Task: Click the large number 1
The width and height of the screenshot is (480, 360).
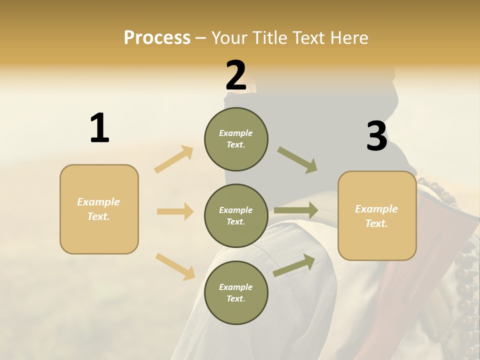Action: coord(99,128)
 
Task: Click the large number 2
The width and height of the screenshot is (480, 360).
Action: coord(236,75)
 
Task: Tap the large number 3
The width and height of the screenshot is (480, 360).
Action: coord(376,136)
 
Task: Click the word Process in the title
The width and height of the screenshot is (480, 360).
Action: coord(157,38)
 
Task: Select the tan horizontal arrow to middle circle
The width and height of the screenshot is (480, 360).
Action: coord(175,211)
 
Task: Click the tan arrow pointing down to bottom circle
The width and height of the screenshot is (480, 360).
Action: coord(175,266)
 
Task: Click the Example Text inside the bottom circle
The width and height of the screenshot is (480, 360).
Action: coord(236,293)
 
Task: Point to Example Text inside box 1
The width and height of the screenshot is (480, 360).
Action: coord(98,209)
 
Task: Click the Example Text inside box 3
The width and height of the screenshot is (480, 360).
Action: coord(376,216)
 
